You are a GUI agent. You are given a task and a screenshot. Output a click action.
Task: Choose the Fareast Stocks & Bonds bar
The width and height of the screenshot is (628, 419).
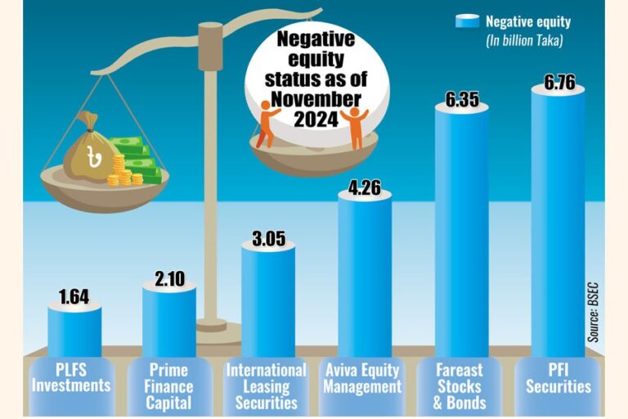[461, 229]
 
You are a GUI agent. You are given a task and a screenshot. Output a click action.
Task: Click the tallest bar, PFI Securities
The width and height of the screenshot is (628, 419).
[558, 221]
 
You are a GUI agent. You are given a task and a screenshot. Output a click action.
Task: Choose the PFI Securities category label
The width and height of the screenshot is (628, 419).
[558, 378]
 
